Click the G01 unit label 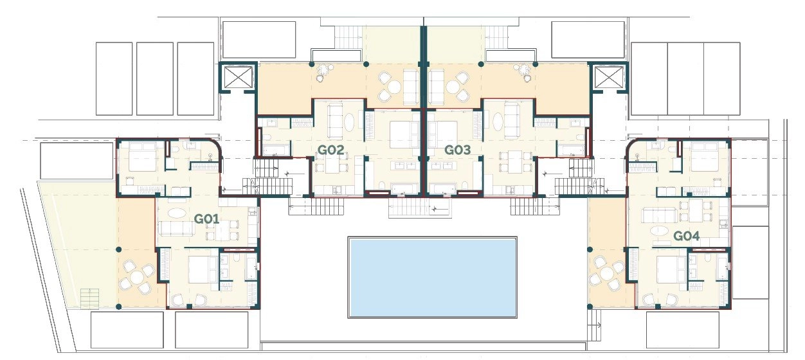point(206,219)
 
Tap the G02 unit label point(330,150)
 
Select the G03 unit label point(458,150)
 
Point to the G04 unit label point(687,236)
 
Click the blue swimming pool point(432,277)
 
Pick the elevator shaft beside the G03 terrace point(608,77)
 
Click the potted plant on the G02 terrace point(324,71)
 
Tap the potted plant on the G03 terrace point(523,72)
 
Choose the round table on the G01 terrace point(138,277)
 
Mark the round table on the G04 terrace point(606,274)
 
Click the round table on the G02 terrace point(394,87)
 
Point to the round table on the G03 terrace point(453,87)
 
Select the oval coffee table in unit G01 point(177,213)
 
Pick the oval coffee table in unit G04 point(660,231)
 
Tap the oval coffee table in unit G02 point(349,122)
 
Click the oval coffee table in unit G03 point(498,122)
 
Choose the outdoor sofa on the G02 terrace point(410,86)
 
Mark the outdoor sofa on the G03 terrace point(437,86)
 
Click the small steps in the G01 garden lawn point(89,298)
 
